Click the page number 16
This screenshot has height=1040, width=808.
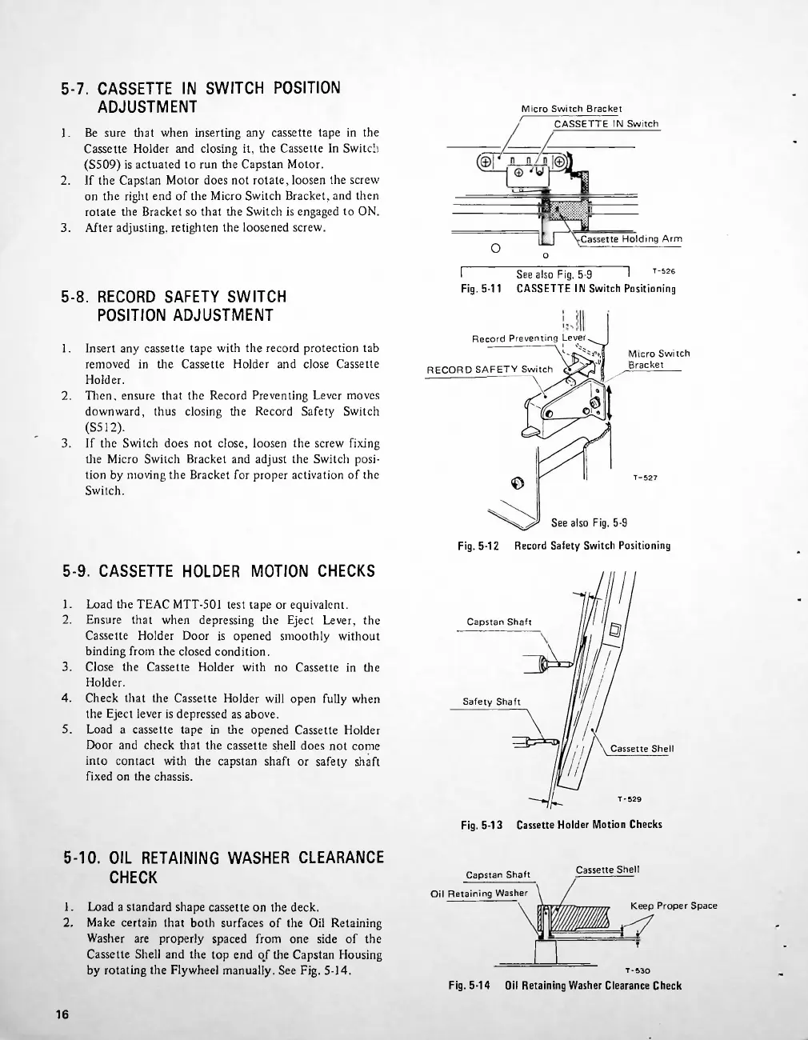62,1015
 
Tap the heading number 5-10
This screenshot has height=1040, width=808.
82,858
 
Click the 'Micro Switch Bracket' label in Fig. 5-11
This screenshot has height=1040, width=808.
571,109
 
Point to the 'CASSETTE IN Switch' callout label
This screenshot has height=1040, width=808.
606,124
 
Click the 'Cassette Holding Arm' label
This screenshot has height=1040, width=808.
631,238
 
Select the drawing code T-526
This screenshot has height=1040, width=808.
664,271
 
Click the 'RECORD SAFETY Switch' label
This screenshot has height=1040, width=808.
490,369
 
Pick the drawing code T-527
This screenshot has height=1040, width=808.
645,478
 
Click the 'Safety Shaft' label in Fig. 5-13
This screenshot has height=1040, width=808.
491,702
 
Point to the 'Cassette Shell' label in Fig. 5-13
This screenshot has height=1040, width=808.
642,749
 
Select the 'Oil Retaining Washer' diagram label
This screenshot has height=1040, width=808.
479,893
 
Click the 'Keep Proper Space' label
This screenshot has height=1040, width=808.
674,906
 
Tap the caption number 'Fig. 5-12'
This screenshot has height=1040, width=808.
478,546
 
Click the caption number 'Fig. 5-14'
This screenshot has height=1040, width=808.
470,986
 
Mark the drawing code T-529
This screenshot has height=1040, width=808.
629,798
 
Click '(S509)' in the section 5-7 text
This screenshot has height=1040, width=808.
105,164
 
